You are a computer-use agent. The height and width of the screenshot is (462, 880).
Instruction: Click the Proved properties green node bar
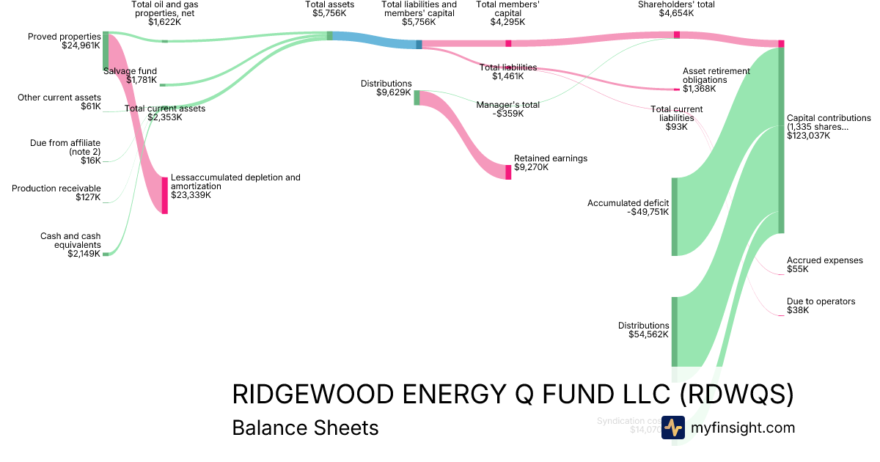(106, 51)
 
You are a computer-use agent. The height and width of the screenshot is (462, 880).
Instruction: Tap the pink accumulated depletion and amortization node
(165, 195)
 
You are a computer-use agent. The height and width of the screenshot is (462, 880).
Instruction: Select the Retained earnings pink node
(508, 172)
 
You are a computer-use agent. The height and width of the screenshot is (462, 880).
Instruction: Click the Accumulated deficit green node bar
(675, 216)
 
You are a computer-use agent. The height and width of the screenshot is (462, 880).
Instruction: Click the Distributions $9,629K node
(417, 98)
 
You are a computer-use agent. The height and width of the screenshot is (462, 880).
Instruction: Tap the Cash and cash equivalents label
(70, 245)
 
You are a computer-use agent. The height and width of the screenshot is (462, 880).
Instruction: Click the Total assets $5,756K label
(330, 9)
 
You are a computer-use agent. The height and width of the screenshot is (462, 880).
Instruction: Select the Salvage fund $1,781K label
(130, 76)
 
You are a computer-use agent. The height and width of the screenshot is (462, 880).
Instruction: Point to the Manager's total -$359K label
(507, 109)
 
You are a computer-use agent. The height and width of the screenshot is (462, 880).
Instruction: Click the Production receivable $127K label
(56, 193)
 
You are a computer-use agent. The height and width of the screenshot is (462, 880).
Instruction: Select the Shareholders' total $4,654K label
(676, 9)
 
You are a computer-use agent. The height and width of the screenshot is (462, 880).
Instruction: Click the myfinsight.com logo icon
(672, 428)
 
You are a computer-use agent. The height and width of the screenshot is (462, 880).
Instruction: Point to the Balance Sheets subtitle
(305, 428)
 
